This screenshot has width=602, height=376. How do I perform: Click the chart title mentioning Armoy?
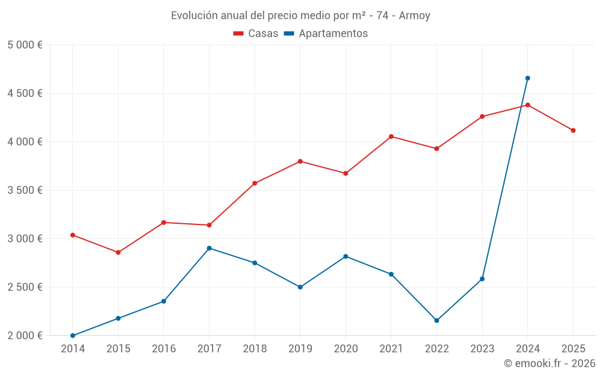(300, 16)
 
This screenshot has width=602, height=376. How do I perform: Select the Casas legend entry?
(256, 34)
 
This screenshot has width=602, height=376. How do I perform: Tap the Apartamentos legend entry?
(326, 34)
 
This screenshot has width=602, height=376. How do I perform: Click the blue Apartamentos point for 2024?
(527, 78)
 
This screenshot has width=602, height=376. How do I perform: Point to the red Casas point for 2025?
(573, 131)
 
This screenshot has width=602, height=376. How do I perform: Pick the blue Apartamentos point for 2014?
(73, 336)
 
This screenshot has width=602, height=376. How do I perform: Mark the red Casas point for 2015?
(118, 253)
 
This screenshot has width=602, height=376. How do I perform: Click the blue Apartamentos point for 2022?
(436, 321)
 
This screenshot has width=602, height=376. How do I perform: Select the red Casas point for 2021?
(391, 137)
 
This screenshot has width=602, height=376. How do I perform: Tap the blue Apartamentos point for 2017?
(209, 248)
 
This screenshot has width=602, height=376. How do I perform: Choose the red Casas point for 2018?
(255, 183)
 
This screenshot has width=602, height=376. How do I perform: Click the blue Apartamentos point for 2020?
(346, 256)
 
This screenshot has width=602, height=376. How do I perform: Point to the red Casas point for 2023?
(482, 117)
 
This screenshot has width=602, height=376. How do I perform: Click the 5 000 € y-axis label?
(25, 45)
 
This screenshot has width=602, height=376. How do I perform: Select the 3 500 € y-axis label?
(25, 190)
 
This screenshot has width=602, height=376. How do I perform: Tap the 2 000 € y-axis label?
(25, 336)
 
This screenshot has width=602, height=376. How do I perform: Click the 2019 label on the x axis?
(300, 349)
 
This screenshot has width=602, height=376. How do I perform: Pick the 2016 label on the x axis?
(164, 349)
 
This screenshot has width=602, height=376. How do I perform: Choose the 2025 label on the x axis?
(573, 349)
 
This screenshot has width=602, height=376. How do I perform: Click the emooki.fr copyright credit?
(549, 363)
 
